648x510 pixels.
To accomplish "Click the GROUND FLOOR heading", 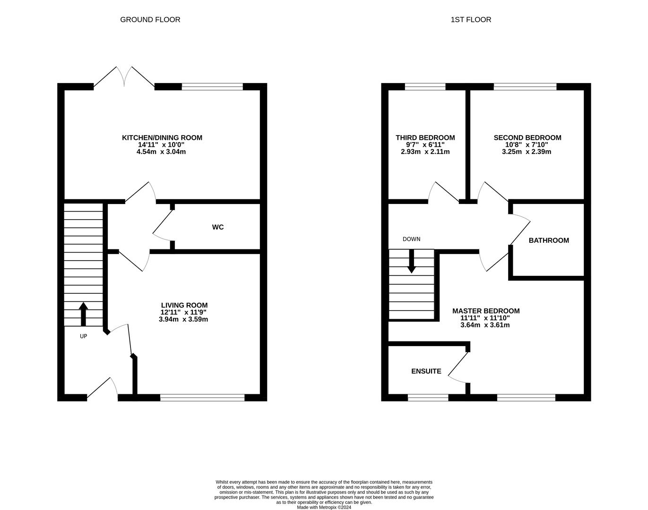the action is (x=150, y=19).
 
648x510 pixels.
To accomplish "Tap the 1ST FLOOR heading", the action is (x=471, y=19).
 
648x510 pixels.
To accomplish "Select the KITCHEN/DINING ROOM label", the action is (x=162, y=138).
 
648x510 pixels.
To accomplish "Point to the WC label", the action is (x=218, y=227).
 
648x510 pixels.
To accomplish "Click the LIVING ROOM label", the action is (x=184, y=305).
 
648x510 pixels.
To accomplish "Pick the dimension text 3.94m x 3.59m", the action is (x=183, y=319).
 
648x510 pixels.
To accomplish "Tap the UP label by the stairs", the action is (x=83, y=336).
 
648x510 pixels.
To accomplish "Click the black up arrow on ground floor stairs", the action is (x=83, y=314).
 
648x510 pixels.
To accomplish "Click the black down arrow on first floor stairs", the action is (x=411, y=261).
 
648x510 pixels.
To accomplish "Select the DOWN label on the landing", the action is (x=411, y=239).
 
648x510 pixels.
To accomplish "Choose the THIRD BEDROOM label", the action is (x=425, y=138).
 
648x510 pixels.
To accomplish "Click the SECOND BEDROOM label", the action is (x=527, y=138).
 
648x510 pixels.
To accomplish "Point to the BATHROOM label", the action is (x=549, y=240).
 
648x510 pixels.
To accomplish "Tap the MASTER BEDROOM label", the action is (x=486, y=311).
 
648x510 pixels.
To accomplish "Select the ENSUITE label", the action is (x=426, y=371).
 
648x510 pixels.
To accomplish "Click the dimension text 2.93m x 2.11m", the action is (x=425, y=152).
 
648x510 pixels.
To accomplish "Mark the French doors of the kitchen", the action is (x=124, y=77).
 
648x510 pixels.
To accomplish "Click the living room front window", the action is (x=202, y=398).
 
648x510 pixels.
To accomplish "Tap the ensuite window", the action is (x=428, y=398).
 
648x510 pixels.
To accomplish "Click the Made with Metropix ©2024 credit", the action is (x=324, y=507).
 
